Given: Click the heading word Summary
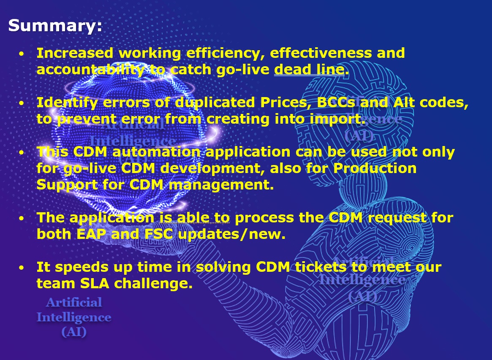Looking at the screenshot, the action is [x=55, y=25].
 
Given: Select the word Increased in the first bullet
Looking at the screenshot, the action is [x=75, y=53].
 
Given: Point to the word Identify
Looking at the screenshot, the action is [x=67, y=103].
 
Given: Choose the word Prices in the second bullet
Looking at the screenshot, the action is [x=286, y=103].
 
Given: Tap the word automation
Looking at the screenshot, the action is [x=156, y=152].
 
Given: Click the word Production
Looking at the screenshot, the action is [x=375, y=168].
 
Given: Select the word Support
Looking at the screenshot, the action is [x=67, y=185].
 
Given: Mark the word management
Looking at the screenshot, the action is [x=221, y=185].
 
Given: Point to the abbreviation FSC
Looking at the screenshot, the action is [x=158, y=234].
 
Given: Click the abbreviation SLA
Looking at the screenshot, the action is [x=95, y=284].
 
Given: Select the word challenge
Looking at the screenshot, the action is [x=153, y=284].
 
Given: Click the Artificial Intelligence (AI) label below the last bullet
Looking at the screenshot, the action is [x=74, y=317].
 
